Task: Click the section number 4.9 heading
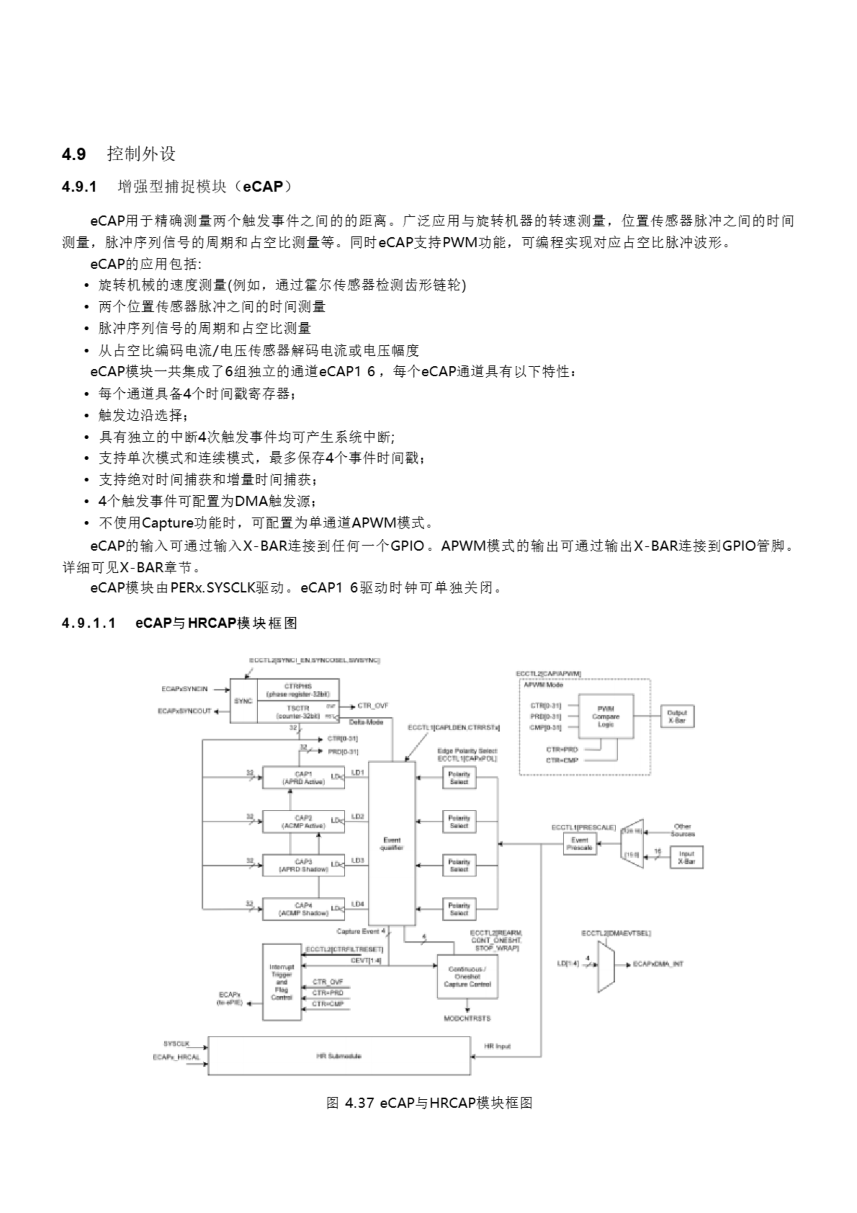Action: click(74, 154)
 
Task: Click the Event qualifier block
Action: click(392, 843)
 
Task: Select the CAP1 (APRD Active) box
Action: click(303, 778)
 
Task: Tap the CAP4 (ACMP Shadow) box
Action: click(303, 909)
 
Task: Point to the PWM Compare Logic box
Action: click(606, 716)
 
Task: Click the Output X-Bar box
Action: click(677, 716)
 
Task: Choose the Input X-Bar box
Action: click(687, 858)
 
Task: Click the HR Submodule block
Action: click(339, 1056)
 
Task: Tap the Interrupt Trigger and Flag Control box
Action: click(281, 982)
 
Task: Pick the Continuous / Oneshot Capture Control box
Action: click(467, 976)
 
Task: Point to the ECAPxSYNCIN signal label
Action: click(185, 689)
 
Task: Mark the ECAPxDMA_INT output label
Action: click(658, 964)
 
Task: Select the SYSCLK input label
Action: click(176, 1044)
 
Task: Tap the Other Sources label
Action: click(683, 830)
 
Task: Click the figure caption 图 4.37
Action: click(429, 1103)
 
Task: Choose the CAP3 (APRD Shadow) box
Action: click(303, 865)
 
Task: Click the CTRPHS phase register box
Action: click(298, 690)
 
